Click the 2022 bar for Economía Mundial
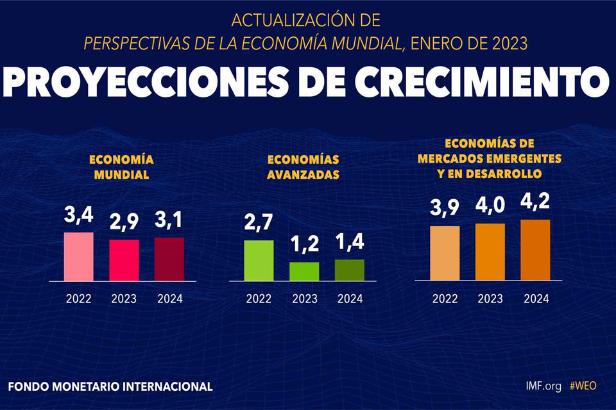pos(78,257)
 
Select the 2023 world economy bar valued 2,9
pos(124,260)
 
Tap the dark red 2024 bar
pos(169,259)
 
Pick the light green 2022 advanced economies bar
pos(259,261)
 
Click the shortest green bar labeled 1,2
pos(304,272)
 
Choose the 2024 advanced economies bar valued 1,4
pos(349,270)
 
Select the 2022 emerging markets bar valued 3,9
pos(445,253)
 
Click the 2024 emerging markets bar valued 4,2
pos(535,250)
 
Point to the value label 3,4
pos(78,215)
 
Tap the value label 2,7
pos(259,222)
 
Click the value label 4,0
pos(490,206)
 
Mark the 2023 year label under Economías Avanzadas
pos(305,299)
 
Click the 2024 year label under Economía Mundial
pos(170,299)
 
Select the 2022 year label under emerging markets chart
pos(445,299)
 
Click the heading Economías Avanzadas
pos(303,167)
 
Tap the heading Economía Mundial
pos(121,167)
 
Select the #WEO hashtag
pos(583,386)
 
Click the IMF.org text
pos(543,386)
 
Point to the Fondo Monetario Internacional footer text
pos(110,386)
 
